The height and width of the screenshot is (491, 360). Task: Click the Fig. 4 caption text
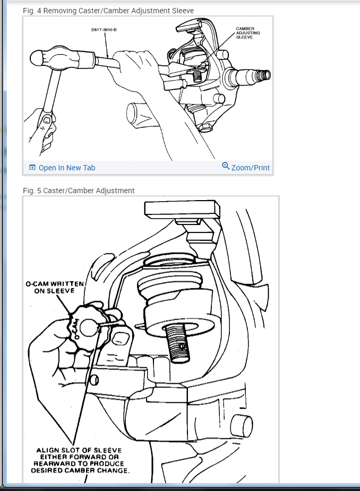[108, 11]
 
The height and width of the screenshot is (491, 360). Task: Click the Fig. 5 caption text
[79, 191]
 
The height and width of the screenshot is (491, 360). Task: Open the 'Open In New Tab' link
[67, 168]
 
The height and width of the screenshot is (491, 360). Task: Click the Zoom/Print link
[251, 168]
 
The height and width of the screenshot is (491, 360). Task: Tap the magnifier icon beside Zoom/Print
[226, 167]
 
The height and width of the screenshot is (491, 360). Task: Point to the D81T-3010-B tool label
[104, 29]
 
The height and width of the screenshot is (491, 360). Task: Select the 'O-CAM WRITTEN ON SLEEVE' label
[55, 287]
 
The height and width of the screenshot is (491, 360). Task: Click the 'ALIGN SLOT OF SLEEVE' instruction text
[79, 451]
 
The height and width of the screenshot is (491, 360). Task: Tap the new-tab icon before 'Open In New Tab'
[32, 168]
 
